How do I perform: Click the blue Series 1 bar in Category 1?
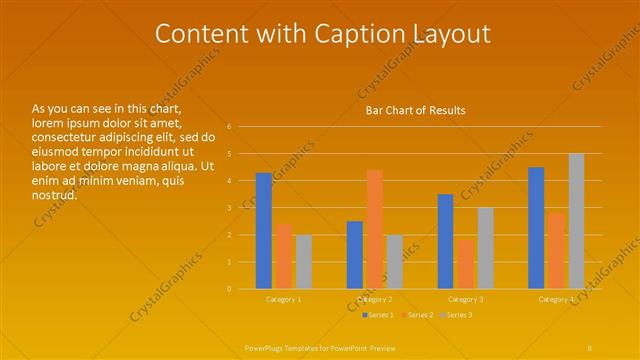click(264, 231)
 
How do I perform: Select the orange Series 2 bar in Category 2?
click(375, 229)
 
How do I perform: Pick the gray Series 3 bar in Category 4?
click(576, 221)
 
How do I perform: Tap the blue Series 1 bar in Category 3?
click(445, 241)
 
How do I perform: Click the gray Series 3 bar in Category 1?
click(303, 262)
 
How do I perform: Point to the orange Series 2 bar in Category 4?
click(556, 251)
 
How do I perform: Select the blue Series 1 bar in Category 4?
click(536, 228)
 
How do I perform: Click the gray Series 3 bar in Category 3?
click(485, 248)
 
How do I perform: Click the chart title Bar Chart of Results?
click(415, 110)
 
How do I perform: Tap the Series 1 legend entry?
click(378, 316)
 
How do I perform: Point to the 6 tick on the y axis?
click(229, 127)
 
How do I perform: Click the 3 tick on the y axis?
click(229, 208)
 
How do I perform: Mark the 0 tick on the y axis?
click(229, 289)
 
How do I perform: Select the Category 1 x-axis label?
click(284, 299)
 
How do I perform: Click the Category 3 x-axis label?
click(465, 299)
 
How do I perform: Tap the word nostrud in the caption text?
click(53, 194)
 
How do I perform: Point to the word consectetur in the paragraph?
click(64, 137)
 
